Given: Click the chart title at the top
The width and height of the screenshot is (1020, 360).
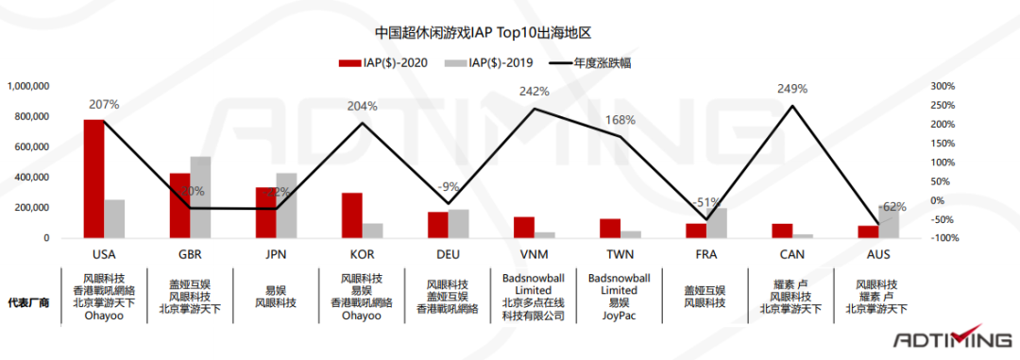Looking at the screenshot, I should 509,32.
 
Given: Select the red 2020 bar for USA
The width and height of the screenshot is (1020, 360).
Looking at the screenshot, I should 93,179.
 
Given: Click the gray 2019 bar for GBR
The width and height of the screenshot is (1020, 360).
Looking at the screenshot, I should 200,197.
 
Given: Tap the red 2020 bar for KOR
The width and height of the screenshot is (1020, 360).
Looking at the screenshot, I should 351,214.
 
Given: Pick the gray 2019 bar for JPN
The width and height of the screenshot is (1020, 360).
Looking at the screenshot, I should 286,205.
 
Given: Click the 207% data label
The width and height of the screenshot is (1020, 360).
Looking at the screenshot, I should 104,105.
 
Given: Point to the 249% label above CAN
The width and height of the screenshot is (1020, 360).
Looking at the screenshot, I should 792,89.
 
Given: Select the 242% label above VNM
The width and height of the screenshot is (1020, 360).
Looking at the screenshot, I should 535,92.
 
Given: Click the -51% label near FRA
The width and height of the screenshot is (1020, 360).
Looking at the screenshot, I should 706,203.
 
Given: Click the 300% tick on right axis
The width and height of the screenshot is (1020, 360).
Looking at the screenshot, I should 944,86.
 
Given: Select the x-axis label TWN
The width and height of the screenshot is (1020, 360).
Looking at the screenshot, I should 620,255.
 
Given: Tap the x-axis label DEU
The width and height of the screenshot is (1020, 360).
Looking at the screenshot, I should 449,255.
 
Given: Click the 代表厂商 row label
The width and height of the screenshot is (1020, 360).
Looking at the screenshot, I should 29,303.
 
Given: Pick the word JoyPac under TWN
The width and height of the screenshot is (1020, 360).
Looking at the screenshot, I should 620,317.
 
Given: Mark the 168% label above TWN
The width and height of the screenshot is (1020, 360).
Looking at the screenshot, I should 620,121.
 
